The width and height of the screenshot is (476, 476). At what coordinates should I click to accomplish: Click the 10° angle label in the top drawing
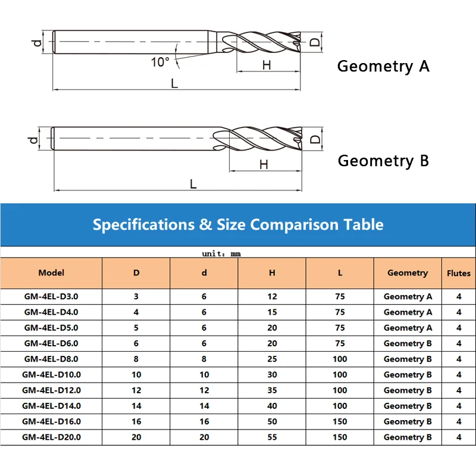(160, 61)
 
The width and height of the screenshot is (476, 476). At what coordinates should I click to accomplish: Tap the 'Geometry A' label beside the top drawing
(383, 66)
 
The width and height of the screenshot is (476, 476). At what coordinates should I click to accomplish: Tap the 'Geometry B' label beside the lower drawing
(383, 161)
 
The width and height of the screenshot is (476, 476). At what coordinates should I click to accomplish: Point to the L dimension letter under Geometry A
(174, 83)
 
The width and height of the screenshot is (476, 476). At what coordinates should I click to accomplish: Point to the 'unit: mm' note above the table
(221, 253)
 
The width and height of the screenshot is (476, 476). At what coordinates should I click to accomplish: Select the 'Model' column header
(51, 273)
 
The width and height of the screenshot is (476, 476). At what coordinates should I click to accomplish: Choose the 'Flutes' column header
(459, 273)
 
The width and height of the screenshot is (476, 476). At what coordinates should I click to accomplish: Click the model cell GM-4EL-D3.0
(51, 296)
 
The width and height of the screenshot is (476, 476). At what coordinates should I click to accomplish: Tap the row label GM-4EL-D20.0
(51, 437)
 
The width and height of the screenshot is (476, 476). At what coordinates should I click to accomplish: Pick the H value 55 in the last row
(272, 437)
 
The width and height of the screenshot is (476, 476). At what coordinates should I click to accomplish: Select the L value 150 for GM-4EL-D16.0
(340, 421)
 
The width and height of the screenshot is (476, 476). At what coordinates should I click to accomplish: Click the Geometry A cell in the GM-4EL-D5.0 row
(408, 327)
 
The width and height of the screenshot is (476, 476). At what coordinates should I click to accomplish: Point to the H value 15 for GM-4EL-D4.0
(272, 312)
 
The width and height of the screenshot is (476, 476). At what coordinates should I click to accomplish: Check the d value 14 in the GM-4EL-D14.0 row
(204, 406)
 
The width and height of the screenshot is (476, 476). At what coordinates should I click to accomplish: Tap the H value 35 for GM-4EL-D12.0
(272, 390)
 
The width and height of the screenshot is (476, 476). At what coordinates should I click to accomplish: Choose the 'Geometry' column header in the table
(408, 273)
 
